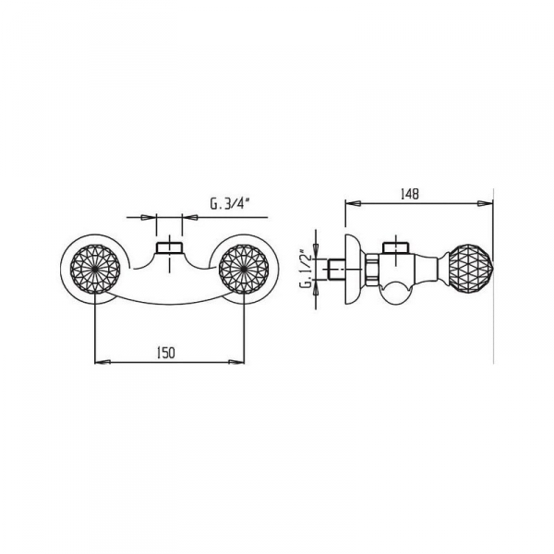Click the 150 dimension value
166,353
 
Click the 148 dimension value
410,194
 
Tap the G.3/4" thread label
230,204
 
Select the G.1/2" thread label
307,270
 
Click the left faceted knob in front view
95,269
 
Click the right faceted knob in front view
244,269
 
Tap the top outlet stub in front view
169,247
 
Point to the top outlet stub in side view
396,247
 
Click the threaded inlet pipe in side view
337,270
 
